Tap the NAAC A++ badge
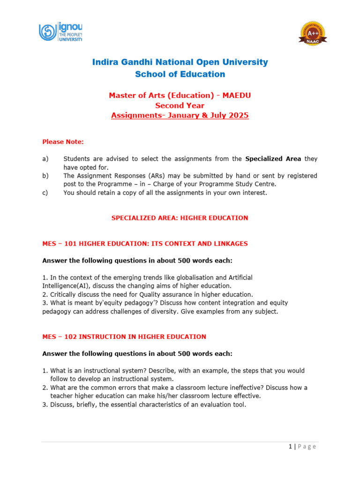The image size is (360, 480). (313, 34)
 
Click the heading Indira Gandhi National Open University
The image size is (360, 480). (180, 62)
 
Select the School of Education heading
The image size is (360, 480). (180, 74)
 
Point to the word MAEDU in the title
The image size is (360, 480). (238, 96)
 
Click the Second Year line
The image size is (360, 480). (180, 105)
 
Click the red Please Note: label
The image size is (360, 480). (63, 142)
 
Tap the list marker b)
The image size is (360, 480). (45, 176)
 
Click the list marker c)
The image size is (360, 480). (45, 193)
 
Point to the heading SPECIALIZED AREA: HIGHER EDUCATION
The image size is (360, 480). (180, 218)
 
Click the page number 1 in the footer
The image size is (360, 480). (291, 447)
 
